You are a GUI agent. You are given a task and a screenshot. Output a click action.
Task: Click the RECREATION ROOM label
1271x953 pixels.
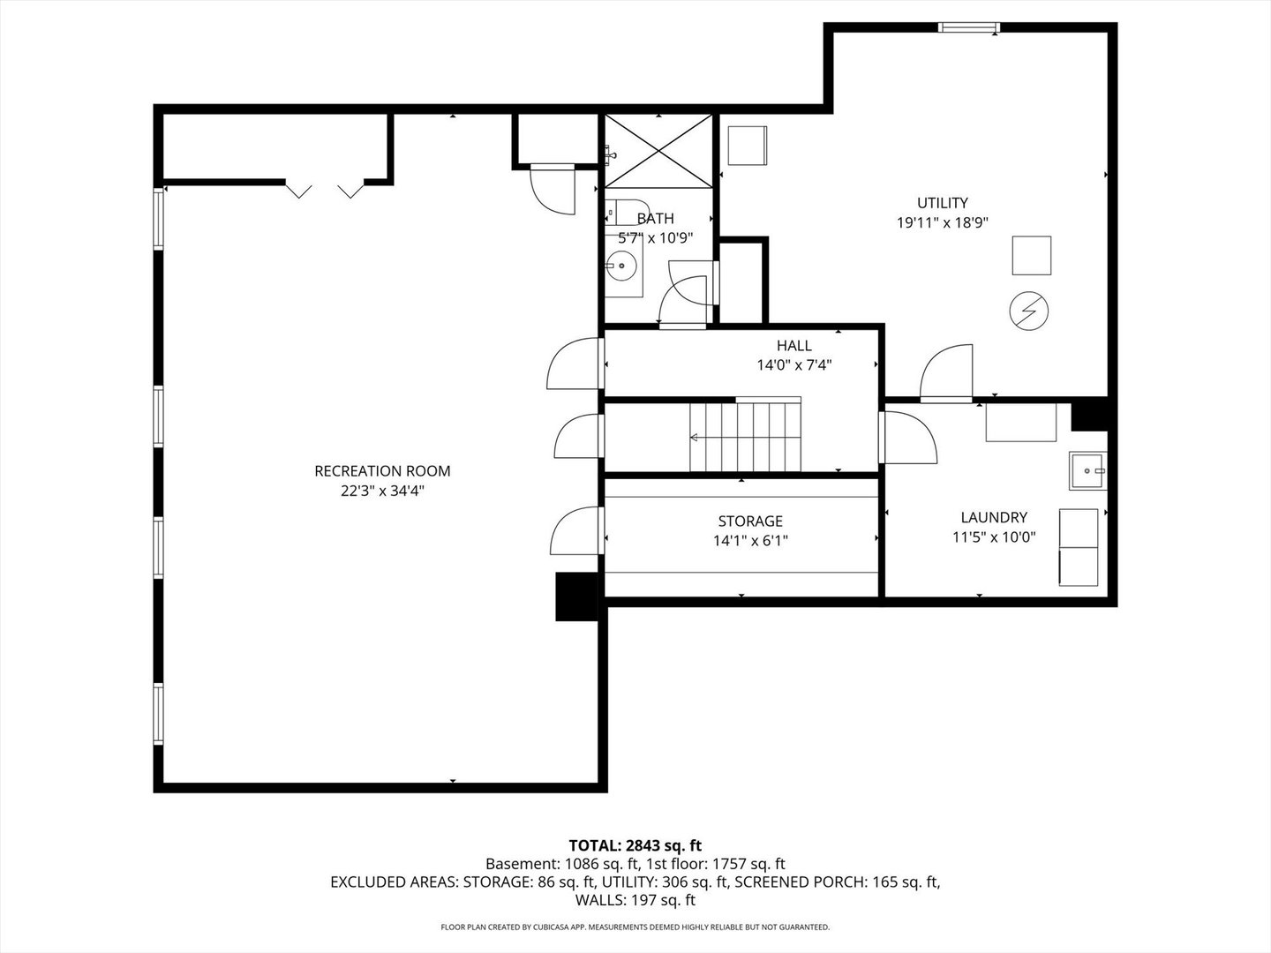(x=382, y=471)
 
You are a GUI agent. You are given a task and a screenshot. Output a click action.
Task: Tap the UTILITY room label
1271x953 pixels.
(x=942, y=203)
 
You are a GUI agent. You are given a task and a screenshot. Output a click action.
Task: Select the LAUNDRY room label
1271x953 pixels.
(x=994, y=518)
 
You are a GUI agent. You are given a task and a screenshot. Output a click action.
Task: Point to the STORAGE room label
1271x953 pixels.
(x=750, y=522)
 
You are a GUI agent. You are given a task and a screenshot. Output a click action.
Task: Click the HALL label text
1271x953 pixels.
(x=793, y=346)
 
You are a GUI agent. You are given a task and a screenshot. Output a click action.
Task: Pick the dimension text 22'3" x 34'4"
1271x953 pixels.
(x=382, y=492)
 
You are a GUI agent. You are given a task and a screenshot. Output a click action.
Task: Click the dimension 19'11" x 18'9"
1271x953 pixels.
(x=942, y=223)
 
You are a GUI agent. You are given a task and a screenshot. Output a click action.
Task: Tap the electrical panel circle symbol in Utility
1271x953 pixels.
(x=1029, y=310)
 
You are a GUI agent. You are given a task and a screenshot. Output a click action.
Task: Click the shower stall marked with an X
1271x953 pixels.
(x=658, y=151)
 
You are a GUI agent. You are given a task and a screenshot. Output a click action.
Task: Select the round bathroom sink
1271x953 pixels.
(x=621, y=264)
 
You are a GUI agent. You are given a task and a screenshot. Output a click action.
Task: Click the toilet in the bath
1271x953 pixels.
(x=627, y=214)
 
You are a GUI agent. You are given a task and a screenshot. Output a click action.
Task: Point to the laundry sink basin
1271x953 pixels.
(x=1086, y=470)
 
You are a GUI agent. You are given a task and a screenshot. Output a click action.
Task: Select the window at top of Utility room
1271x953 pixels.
(x=968, y=27)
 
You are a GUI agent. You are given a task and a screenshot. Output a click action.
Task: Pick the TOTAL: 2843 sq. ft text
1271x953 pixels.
(x=635, y=845)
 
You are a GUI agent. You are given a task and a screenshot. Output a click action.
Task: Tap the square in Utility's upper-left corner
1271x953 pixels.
(x=747, y=146)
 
